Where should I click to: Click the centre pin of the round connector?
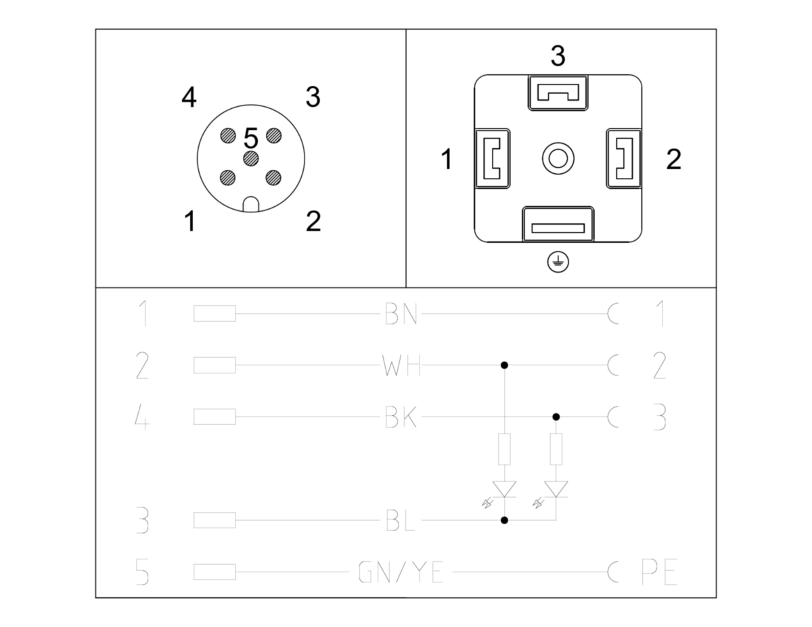[251, 159]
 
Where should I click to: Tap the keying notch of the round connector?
[251, 204]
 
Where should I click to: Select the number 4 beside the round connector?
[189, 97]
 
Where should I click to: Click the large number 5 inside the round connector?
[251, 138]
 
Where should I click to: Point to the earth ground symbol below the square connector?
[558, 262]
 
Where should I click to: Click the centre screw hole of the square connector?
[558, 158]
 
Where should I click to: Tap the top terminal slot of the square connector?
[558, 93]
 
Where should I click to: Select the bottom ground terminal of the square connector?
[558, 224]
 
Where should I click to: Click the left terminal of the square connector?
[492, 158]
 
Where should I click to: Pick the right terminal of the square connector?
[624, 158]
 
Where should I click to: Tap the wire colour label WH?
[401, 365]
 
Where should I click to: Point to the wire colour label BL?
[400, 520]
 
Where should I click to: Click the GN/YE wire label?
[401, 572]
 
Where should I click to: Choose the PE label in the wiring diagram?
[659, 572]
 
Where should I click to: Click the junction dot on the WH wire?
[504, 365]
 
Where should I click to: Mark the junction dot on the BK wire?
[556, 417]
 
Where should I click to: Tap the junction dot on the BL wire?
[504, 520]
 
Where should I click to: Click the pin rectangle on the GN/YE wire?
[215, 572]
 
